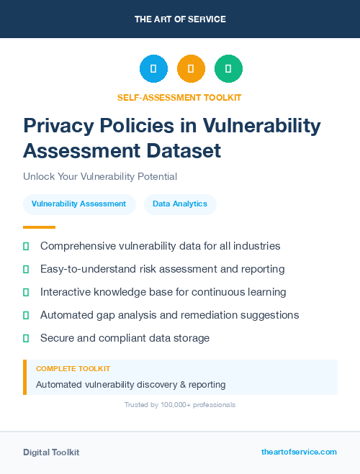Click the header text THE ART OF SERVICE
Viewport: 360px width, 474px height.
coord(180,19)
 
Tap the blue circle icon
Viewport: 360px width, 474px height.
coord(153,68)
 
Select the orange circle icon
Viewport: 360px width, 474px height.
coord(191,68)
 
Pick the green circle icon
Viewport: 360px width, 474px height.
coord(228,68)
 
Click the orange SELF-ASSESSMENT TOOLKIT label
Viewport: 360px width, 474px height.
coord(180,97)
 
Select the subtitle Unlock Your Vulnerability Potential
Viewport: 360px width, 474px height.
coord(100,176)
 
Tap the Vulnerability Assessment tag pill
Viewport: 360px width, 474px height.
coord(79,204)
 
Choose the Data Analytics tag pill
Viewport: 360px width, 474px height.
coord(180,204)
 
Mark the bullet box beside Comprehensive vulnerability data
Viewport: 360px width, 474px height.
coord(26,246)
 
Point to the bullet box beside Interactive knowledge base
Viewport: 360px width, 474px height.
coord(26,292)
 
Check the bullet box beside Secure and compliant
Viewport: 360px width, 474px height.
coord(26,338)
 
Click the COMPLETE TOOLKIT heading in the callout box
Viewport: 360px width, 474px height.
coord(73,368)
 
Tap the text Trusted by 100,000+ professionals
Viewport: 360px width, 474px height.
coord(180,405)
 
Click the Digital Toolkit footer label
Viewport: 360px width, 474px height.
coord(51,452)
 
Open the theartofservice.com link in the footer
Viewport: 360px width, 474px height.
coord(299,452)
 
